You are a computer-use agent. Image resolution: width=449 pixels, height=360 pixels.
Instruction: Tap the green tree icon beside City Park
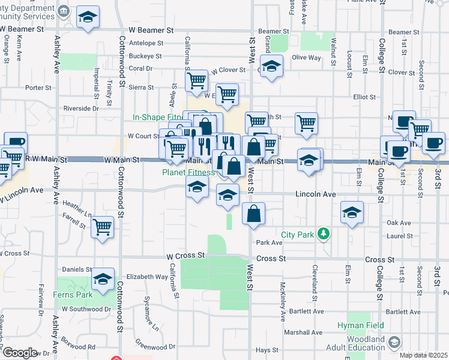[x=324, y=233]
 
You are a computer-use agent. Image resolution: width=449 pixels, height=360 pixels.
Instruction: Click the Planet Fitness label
[x=188, y=172]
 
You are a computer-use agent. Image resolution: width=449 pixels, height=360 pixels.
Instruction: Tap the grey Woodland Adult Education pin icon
[x=394, y=342]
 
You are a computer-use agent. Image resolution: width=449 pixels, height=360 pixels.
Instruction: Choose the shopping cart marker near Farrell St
[x=103, y=227]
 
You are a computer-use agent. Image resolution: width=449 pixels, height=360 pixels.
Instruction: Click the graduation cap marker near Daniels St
[x=104, y=278]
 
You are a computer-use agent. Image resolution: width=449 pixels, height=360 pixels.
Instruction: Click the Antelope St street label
[x=146, y=43]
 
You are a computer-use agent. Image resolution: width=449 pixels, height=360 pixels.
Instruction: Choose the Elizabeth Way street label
[x=147, y=277]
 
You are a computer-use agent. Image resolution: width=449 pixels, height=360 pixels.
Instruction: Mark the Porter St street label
[x=38, y=88]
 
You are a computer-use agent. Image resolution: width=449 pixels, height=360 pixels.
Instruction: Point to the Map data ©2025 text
[x=424, y=355]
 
